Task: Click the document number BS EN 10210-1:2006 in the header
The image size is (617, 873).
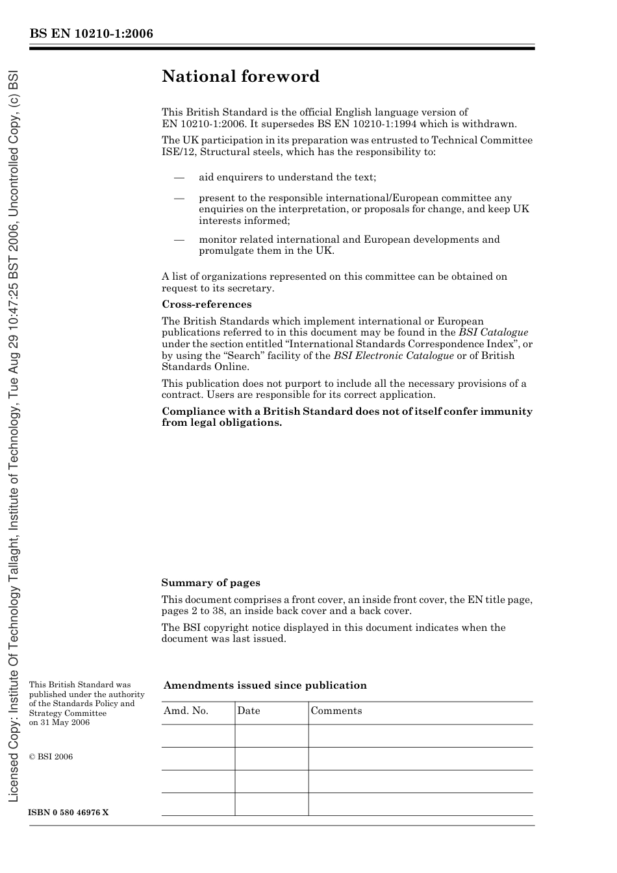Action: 91,34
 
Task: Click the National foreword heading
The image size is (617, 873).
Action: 240,77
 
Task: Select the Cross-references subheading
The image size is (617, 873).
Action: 207,304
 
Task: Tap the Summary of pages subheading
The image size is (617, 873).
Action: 210,583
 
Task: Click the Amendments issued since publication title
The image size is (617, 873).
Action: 265,685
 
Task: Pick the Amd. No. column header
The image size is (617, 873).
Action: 186,711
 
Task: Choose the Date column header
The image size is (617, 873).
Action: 248,711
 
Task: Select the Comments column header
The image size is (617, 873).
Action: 336,711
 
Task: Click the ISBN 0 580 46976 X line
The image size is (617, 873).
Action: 69,813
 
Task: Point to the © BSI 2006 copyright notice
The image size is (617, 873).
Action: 51,757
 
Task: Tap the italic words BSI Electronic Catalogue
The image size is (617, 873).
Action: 394,356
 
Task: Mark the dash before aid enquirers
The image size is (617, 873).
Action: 179,178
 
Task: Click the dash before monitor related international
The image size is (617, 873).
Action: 179,240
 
